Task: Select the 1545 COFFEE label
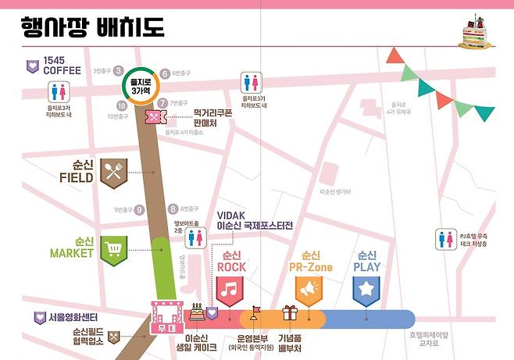click(55, 66)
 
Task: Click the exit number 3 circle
click(119, 71)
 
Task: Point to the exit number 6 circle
click(165, 74)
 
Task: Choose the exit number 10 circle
click(122, 105)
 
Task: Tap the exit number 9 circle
click(140, 209)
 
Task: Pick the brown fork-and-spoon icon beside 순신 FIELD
click(115, 172)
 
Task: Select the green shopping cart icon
click(114, 250)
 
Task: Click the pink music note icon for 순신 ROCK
click(230, 290)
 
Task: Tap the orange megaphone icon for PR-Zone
click(310, 290)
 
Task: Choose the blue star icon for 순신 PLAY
click(366, 290)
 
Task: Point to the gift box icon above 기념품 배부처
click(291, 313)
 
